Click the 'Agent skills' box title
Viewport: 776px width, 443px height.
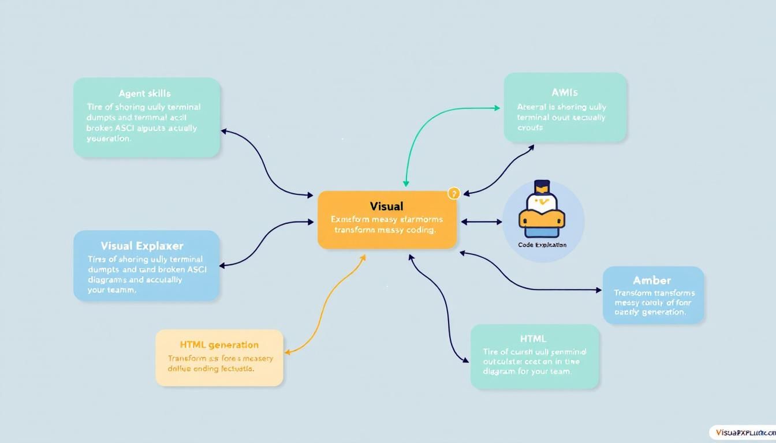[145, 93]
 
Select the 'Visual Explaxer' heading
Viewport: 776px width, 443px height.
[142, 246]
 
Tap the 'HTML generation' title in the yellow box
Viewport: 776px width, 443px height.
[219, 345]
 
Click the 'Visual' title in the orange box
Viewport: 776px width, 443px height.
[386, 206]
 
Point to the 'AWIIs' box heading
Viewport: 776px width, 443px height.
[565, 92]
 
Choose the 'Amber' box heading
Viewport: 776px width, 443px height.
[652, 280]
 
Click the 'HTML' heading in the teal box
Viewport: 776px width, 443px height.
[533, 339]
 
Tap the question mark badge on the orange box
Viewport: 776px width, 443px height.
[453, 194]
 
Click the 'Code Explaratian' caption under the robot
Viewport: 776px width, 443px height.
[543, 245]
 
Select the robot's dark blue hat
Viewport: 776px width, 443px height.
[542, 187]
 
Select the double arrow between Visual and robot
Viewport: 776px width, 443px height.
[481, 221]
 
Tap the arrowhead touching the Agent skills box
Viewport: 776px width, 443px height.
[225, 132]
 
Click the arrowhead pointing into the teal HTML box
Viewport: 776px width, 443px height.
[466, 361]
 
